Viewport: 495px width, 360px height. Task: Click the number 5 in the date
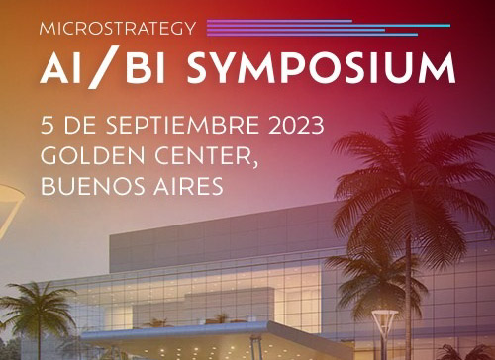pos(47,127)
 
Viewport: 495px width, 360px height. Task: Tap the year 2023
pos(291,127)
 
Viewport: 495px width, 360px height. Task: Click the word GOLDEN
pos(87,155)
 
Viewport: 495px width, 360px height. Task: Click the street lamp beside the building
pos(384,331)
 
